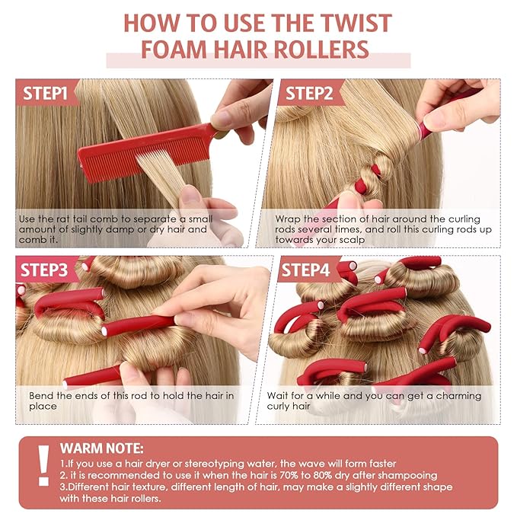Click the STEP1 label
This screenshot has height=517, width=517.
pyautogui.click(x=46, y=94)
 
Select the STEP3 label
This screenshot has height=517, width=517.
pyautogui.click(x=46, y=270)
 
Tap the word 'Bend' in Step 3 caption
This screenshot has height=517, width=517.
pyautogui.click(x=42, y=396)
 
